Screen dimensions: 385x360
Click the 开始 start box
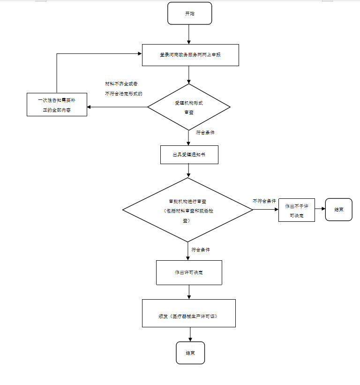189,14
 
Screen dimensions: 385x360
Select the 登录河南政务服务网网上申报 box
190,55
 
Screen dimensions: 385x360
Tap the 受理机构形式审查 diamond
189,107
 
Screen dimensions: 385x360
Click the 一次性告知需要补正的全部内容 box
57,105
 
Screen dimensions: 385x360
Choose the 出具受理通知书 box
189,154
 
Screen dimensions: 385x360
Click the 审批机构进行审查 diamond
187,210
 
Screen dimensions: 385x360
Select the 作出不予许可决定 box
296,210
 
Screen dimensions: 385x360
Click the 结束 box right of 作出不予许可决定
338,210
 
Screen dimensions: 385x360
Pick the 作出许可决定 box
189,272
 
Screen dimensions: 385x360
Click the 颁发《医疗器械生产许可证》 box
188,313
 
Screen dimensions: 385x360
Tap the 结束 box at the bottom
190,353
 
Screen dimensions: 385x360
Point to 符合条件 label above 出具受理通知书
205,133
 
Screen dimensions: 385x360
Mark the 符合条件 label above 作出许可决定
201,250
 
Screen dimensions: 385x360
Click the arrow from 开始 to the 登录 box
189,34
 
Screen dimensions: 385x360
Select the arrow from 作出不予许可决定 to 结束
320,210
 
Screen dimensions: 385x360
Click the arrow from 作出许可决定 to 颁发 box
189,292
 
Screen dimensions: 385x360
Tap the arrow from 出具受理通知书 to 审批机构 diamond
188,171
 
